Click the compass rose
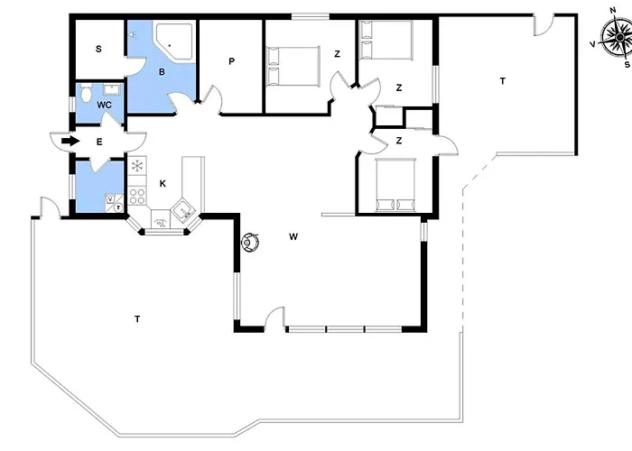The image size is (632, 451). [611, 41]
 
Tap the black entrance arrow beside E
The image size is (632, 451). [68, 142]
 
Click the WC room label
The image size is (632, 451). [104, 106]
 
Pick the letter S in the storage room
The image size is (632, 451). [98, 48]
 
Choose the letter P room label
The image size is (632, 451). [231, 61]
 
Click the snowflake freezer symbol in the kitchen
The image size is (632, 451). [138, 165]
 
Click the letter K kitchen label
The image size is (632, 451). [163, 183]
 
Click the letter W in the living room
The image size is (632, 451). [293, 237]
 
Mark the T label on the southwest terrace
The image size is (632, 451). [136, 318]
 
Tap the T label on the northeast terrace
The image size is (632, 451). [502, 81]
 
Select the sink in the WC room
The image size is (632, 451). [113, 90]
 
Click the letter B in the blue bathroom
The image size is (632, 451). [162, 71]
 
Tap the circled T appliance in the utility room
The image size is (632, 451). [118, 207]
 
